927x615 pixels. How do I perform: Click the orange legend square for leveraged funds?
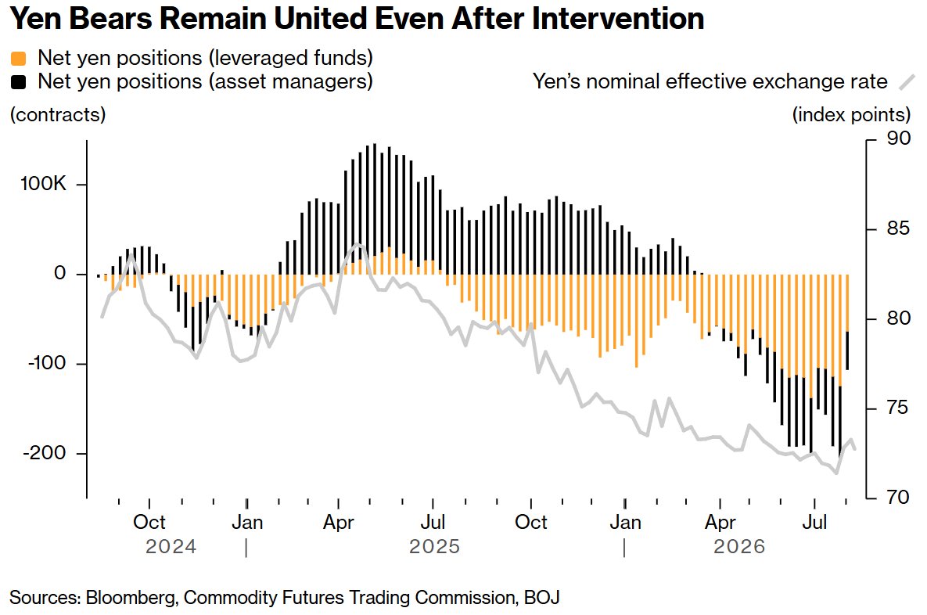pos(18,59)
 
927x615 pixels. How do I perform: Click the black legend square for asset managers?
pos(18,82)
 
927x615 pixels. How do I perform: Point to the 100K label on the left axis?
pos(44,184)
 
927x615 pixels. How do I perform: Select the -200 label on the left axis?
pos(45,453)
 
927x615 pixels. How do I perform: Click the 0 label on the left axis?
pos(59,273)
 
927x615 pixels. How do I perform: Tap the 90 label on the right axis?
pos(898,138)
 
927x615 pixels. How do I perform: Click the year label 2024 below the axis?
pos(171,546)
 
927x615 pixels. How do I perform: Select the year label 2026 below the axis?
pos(739,546)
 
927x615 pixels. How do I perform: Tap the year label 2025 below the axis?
pos(434,546)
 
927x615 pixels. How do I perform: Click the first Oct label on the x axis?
pos(149,522)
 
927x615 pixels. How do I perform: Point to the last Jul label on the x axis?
pos(814,522)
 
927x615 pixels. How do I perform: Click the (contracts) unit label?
pos(58,115)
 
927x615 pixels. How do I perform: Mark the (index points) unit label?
pos(851,115)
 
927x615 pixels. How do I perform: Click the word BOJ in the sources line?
pos(541,598)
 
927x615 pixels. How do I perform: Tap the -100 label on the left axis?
pos(47,363)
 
